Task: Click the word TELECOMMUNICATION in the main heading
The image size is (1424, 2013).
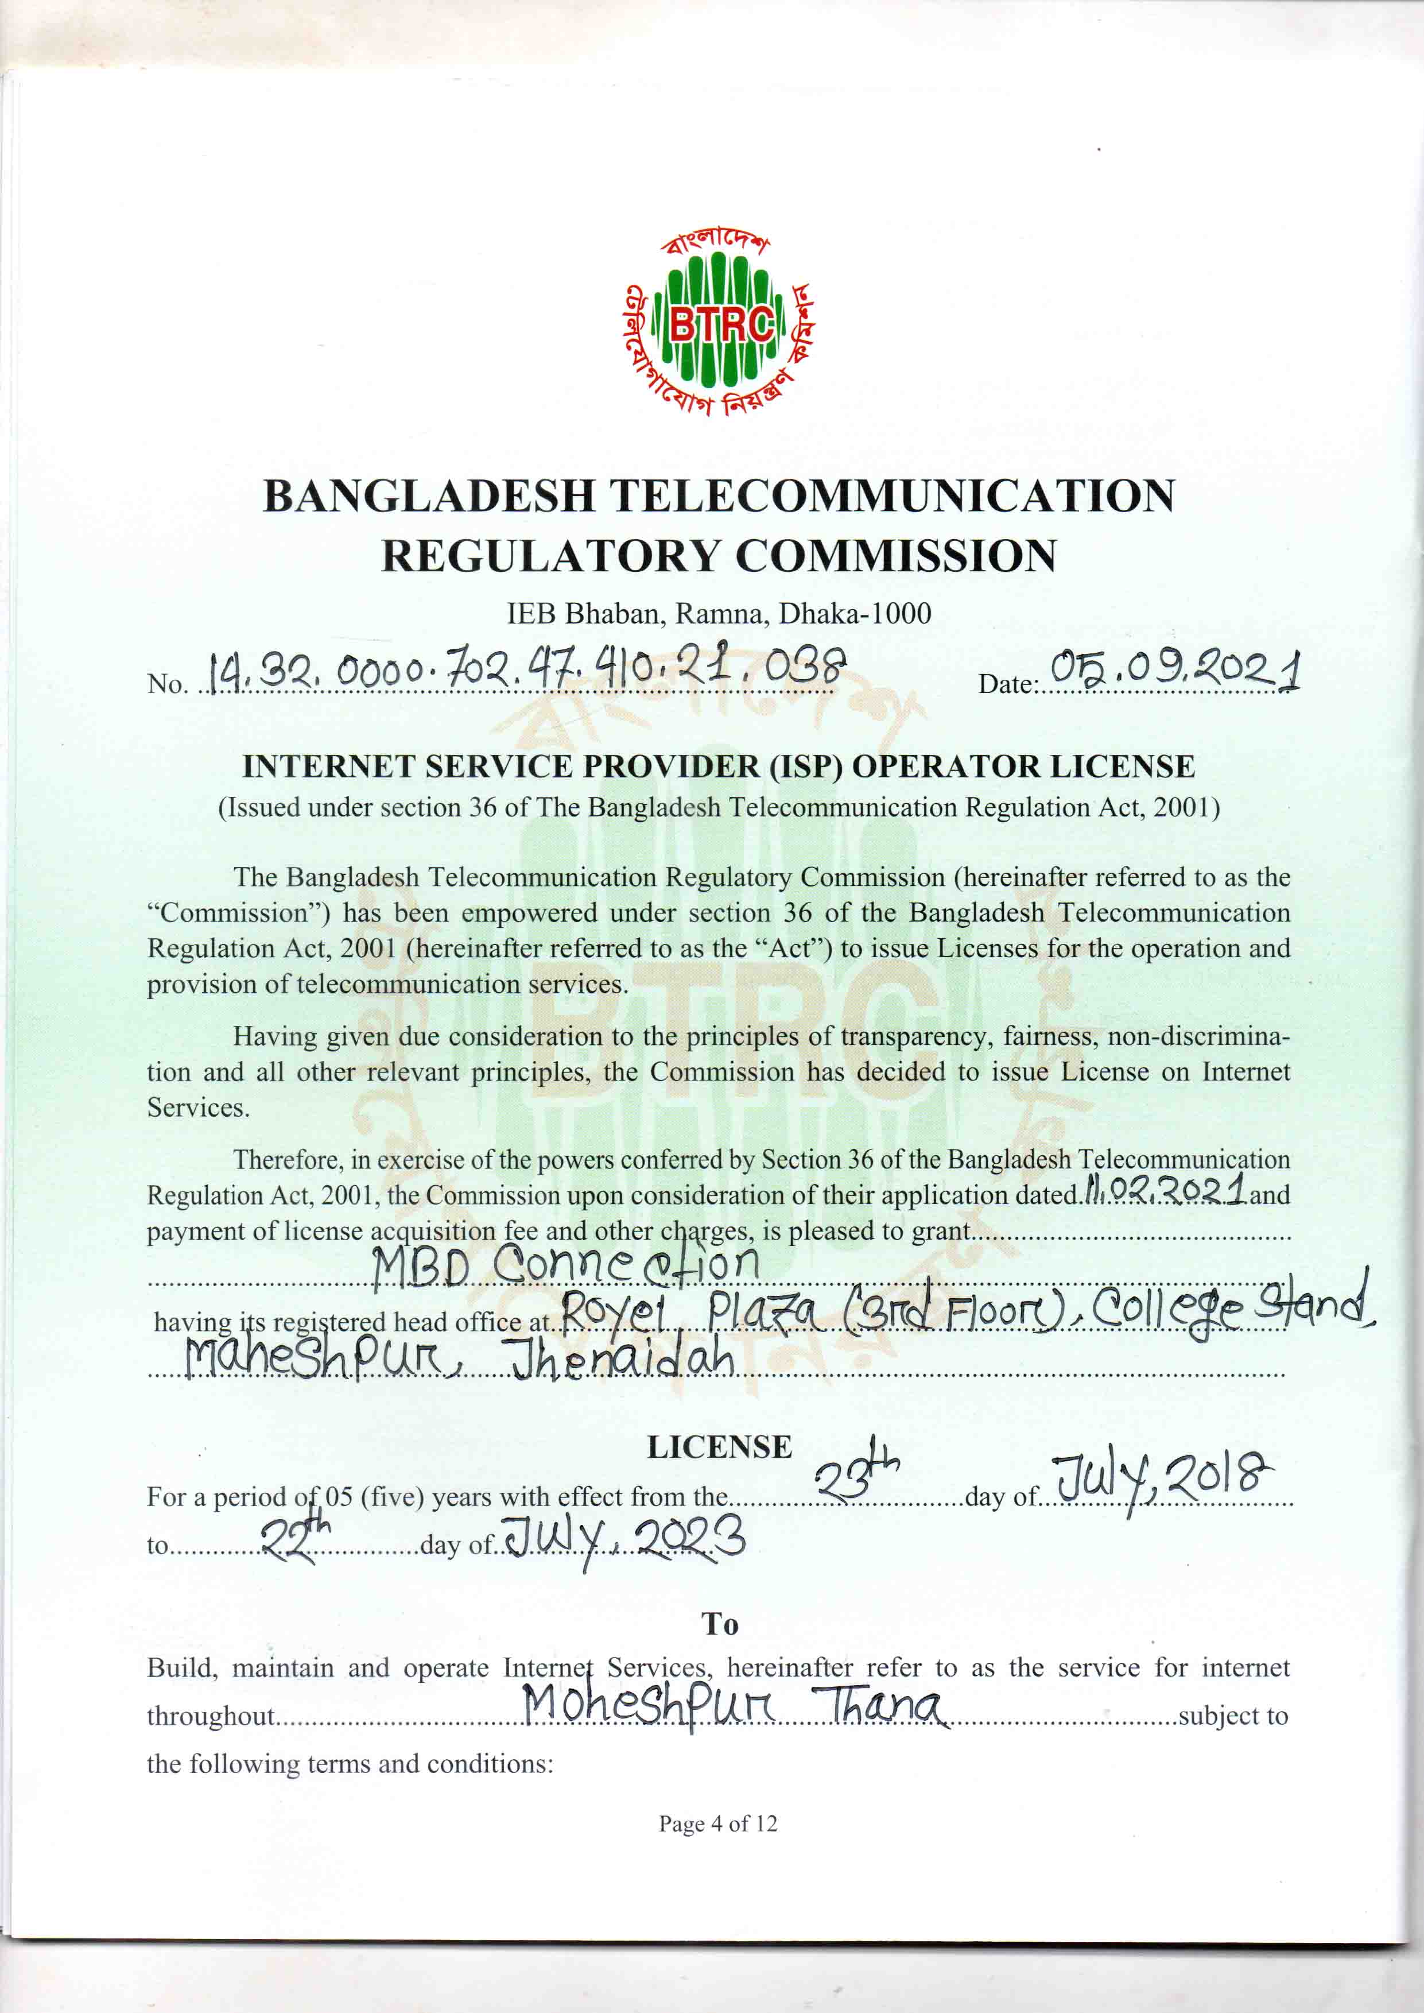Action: click(x=892, y=497)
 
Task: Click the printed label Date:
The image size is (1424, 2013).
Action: click(x=1007, y=684)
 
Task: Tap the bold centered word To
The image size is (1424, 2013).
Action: click(x=720, y=1624)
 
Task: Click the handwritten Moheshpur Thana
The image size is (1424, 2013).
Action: click(x=733, y=1706)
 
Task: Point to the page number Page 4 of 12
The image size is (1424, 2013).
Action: click(x=718, y=1825)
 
